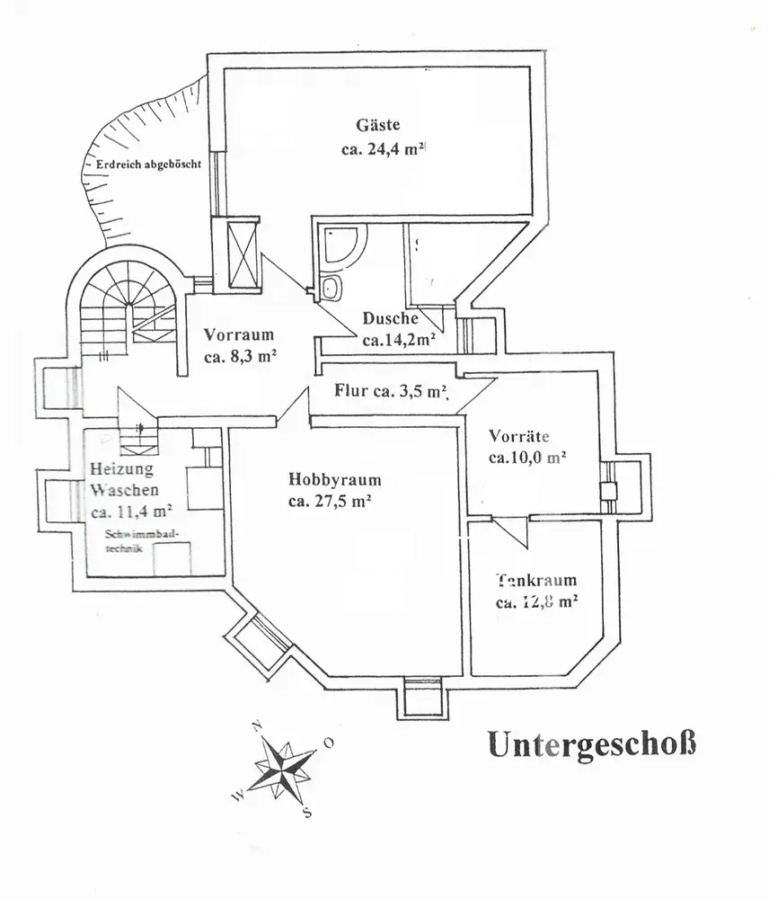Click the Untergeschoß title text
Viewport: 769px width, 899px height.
coord(592,744)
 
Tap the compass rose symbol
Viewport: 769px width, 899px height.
coord(284,767)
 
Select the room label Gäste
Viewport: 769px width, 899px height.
coord(378,126)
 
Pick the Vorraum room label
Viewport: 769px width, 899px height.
coord(238,335)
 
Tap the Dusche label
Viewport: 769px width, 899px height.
coord(391,318)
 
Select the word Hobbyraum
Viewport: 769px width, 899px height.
coord(335,479)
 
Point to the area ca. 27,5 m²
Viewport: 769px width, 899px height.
coord(331,502)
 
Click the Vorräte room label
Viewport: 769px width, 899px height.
coord(518,437)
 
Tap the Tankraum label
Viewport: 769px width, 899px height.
coord(535,580)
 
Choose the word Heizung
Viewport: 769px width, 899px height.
coord(121,468)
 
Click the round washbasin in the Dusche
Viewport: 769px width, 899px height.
coord(331,288)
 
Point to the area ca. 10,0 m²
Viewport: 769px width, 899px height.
coord(526,458)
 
